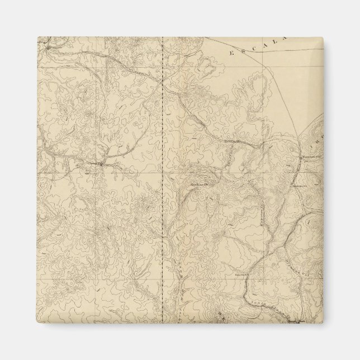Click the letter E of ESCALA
point(232,53)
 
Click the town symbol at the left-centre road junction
point(98,164)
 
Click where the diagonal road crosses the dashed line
point(162,82)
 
